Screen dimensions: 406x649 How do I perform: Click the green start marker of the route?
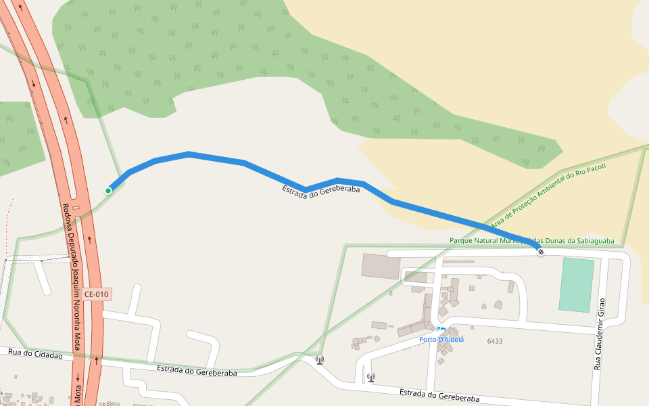(108, 191)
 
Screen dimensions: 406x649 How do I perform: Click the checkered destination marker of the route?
(541, 252)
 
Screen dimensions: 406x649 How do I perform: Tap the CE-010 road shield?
(97, 294)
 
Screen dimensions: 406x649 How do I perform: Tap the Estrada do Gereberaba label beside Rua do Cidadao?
(197, 371)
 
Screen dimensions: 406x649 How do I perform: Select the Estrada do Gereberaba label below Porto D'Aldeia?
(439, 396)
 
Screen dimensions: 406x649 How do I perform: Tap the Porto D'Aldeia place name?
(441, 339)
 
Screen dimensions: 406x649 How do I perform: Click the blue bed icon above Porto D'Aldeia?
(441, 329)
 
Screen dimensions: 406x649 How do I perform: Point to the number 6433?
(495, 341)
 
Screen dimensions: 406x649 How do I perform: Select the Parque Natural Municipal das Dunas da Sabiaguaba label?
(532, 240)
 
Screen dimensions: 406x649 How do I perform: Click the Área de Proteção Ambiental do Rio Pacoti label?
(548, 196)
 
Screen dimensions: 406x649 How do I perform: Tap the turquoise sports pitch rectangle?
(577, 285)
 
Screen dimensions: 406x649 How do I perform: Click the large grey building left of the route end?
(381, 266)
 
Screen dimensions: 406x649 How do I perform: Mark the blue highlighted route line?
(243, 163)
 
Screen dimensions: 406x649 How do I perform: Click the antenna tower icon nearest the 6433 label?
(370, 377)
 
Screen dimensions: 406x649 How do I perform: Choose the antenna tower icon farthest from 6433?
(319, 359)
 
